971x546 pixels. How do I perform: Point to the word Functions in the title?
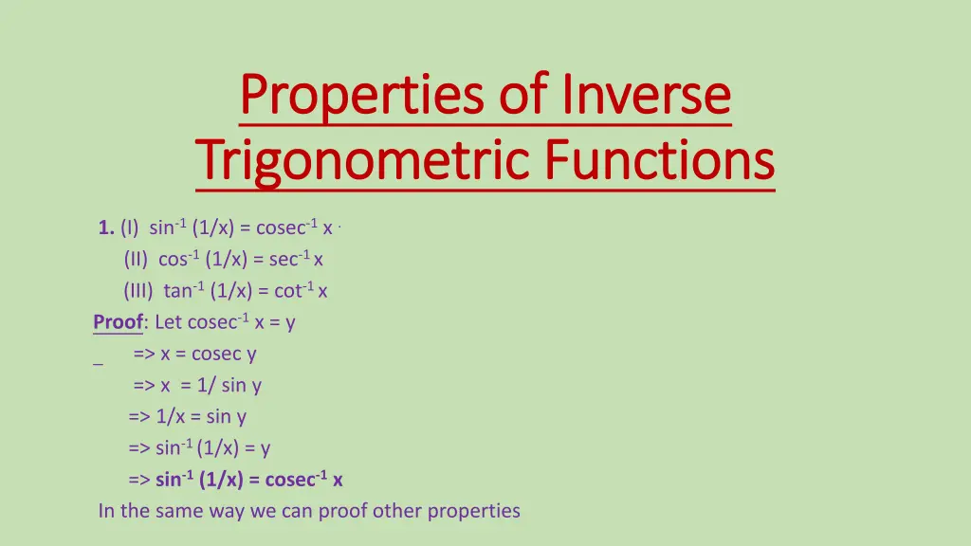pos(659,160)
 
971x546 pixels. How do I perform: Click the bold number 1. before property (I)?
pos(106,227)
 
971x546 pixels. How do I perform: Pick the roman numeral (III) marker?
pos(140,291)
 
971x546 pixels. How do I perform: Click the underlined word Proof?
pos(118,322)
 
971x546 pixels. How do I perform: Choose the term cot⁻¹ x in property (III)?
pos(301,291)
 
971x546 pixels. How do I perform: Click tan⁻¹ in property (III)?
pos(184,291)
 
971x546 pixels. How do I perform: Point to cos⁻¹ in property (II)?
pos(179,259)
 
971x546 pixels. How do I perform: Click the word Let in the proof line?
pos(169,322)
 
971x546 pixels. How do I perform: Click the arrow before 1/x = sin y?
pos(139,416)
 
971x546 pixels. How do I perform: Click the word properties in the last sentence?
pos(473,511)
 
